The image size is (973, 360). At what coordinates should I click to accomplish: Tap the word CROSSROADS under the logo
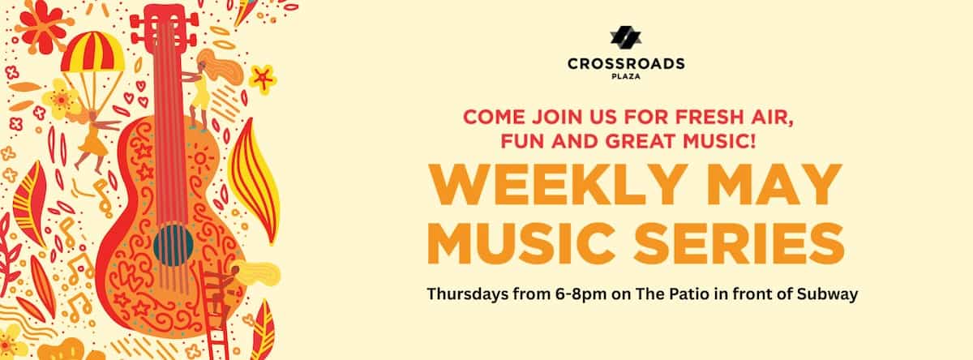626,64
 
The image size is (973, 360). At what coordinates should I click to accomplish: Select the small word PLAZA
626,76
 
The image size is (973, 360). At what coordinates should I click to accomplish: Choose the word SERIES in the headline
739,243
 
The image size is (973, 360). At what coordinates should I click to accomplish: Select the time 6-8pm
581,295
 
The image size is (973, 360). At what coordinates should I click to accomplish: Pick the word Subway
827,295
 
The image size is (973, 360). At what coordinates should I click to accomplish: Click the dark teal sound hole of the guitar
173,245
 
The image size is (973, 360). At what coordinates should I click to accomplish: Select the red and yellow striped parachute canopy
92,51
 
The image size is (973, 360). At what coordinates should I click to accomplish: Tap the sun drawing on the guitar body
200,158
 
